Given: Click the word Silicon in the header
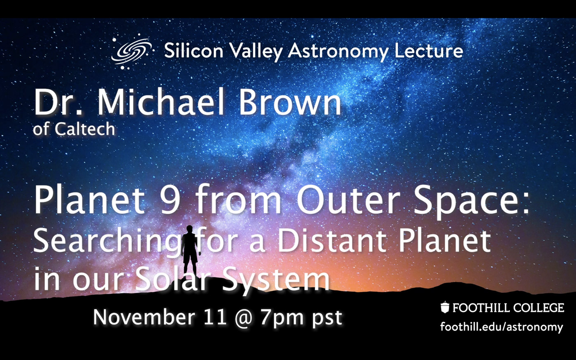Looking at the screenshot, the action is tap(193, 51).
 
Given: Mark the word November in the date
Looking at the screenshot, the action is tap(144, 317).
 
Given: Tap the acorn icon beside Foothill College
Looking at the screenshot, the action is tap(445, 308).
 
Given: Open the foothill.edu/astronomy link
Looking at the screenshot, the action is tap(502, 327).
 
